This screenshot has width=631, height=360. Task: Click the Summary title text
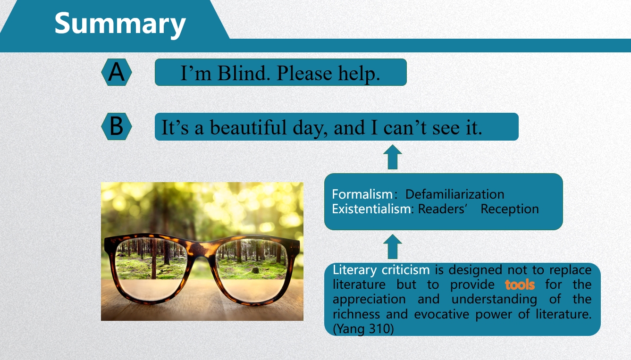click(120, 24)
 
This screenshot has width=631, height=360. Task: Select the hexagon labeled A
click(117, 72)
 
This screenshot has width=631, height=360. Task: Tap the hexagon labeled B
click(117, 126)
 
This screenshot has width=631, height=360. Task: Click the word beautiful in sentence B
click(248, 127)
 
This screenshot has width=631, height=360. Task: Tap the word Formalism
click(362, 194)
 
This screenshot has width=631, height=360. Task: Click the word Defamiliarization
click(454, 194)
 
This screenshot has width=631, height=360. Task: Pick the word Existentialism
click(371, 209)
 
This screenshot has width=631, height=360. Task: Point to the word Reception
click(510, 209)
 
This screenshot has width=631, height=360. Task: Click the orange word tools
click(520, 285)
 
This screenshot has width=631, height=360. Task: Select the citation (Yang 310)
click(363, 328)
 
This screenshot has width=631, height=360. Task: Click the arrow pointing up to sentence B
click(393, 157)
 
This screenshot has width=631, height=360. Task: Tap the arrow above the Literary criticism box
click(393, 247)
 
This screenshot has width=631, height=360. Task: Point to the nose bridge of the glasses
click(201, 250)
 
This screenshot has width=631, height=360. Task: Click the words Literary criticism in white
click(381, 270)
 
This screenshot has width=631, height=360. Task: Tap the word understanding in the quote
click(494, 300)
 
